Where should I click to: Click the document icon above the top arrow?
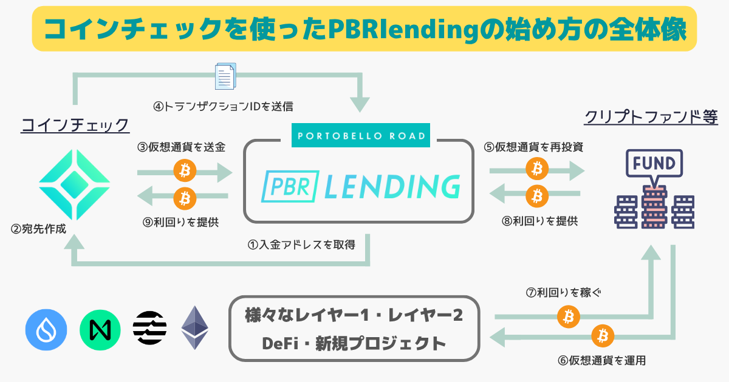pyautogui.click(x=225, y=78)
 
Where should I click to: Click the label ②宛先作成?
pyautogui.click(x=39, y=229)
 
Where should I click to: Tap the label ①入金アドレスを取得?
pyautogui.click(x=301, y=245)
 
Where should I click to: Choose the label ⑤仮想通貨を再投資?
pyautogui.click(x=534, y=147)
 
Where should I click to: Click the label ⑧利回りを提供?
pyautogui.click(x=535, y=221)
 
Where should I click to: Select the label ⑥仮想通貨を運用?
pyautogui.click(x=601, y=360)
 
